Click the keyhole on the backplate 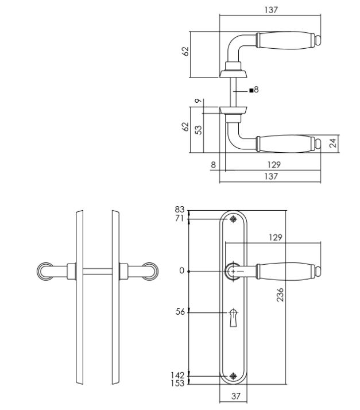click(x=233, y=318)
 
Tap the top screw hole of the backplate click(x=233, y=219)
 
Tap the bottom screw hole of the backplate click(x=233, y=376)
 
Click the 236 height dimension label click(x=280, y=295)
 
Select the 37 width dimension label click(x=235, y=396)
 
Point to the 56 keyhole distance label click(x=180, y=312)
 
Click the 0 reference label click(x=181, y=271)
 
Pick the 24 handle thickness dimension click(x=332, y=143)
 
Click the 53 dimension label click(x=199, y=130)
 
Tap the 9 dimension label click(x=199, y=101)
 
